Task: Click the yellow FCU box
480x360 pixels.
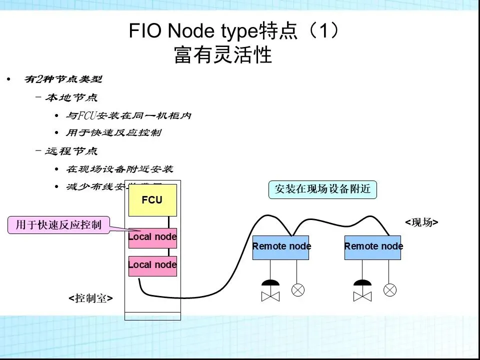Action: pos(152,200)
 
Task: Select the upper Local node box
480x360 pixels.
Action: pos(152,237)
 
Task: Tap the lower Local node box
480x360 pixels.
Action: pos(152,265)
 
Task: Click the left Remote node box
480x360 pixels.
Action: pos(281,246)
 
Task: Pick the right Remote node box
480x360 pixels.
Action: pos(373,246)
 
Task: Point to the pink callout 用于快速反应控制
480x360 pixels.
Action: pos(58,225)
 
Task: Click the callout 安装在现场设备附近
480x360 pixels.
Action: pos(322,189)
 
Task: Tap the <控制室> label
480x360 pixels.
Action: pos(90,298)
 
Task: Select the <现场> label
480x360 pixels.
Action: pos(421,222)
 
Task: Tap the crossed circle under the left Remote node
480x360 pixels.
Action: pos(298,290)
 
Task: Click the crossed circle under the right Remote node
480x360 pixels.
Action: pos(389,290)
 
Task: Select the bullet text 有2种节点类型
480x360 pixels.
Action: pos(63,79)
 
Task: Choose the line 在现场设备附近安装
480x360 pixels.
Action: pos(120,169)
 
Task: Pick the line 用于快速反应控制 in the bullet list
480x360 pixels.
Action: pos(114,133)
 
